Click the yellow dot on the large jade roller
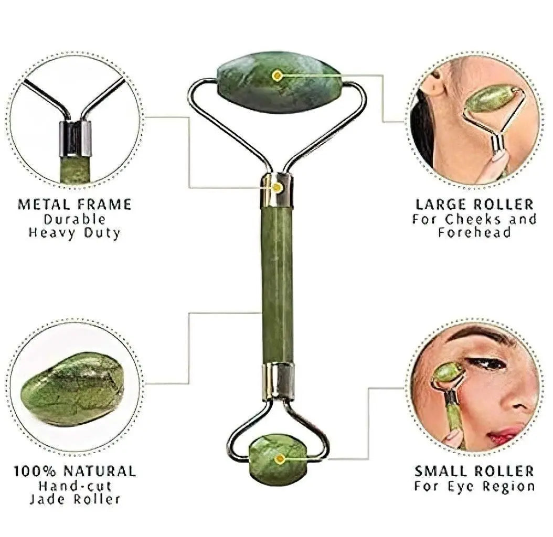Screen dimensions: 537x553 [x=278, y=76]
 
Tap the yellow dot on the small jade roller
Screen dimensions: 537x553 [x=280, y=459]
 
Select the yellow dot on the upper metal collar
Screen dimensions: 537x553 [x=278, y=187]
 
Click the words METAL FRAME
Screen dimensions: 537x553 [x=75, y=205]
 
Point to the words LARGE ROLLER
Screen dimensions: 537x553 [x=474, y=205]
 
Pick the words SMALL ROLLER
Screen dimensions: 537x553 [x=474, y=471]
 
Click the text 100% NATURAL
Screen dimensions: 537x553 [x=75, y=471]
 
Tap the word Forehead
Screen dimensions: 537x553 [x=474, y=232]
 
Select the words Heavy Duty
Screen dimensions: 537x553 [x=75, y=232]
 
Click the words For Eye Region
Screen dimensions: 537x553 [x=474, y=486]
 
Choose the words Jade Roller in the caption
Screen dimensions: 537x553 [x=75, y=499]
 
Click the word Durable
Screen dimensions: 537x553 [x=75, y=219]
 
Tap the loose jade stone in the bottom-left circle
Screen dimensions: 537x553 [x=72, y=389]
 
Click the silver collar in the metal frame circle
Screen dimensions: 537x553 [x=75, y=138]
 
